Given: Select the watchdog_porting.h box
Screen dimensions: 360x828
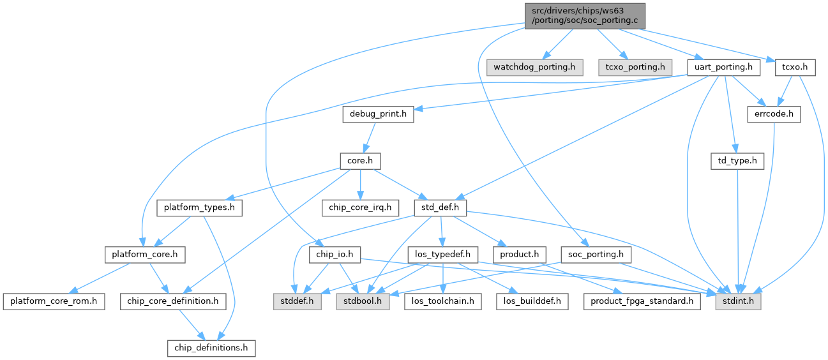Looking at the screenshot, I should coord(534,66).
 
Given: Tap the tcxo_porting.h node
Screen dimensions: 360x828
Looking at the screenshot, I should coord(631,66).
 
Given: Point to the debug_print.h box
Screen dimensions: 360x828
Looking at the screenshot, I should coord(377,114).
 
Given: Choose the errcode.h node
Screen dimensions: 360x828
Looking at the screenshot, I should coord(773,114).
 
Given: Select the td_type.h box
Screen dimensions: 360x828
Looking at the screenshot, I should coord(737,161).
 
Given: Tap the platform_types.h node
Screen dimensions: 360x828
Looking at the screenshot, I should coord(199,207).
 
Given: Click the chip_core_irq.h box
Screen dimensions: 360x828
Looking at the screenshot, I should coord(361,207).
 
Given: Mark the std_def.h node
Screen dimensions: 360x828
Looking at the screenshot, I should coord(440,207).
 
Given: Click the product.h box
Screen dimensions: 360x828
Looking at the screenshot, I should coord(519,255).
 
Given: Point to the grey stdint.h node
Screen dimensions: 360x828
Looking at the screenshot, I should coord(738,301).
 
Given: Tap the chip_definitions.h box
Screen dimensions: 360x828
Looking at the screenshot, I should coord(211,348).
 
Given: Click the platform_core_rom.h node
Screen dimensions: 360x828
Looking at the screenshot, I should coord(53,301).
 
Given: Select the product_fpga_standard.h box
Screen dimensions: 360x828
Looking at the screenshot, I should coord(642,301).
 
